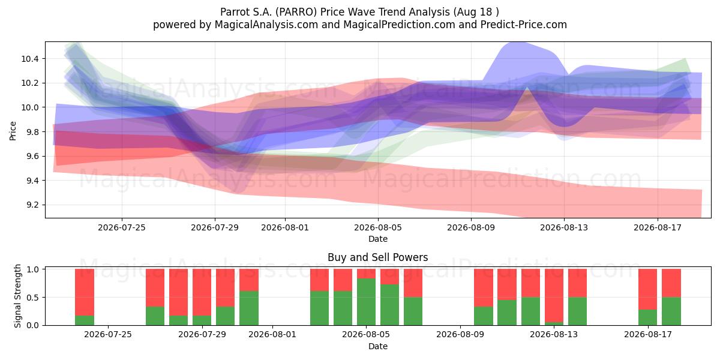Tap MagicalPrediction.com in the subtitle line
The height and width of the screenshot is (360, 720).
pos(399,25)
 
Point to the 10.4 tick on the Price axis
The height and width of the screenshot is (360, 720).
pos(30,59)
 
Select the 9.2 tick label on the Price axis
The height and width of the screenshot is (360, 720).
pos(32,205)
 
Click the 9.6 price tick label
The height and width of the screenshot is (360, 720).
pos(32,156)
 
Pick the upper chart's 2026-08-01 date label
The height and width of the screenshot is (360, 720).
pos(285,227)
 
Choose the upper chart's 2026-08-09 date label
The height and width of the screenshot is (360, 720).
pos(471,227)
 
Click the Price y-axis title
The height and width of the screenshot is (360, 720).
pos(13,131)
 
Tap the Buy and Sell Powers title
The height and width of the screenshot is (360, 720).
pos(377,257)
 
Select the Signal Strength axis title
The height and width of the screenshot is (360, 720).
pos(17,296)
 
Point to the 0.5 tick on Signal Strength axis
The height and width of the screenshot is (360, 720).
pos(32,298)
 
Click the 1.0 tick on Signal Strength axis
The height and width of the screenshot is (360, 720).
pos(32,269)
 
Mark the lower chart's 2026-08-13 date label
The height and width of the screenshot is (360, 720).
pos(553,335)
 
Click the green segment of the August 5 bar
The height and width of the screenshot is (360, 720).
pos(366,302)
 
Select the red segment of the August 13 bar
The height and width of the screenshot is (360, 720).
pos(554,295)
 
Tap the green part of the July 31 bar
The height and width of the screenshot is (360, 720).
pos(249,308)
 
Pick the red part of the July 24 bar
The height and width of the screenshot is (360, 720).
pos(85,293)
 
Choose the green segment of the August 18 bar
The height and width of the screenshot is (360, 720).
pos(671,311)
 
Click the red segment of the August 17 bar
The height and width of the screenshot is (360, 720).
pos(647,289)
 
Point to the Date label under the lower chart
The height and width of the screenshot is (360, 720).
pos(377,346)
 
